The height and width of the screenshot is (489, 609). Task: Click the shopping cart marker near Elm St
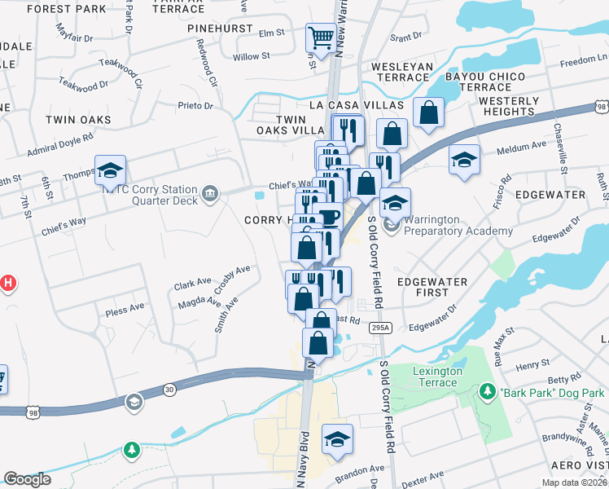pos(321,38)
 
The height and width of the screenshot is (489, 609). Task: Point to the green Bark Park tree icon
pos(488,392)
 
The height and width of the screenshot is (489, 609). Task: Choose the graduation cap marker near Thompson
pos(110,170)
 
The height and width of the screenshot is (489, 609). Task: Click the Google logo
pos(27,479)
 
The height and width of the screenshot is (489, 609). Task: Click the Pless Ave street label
pos(125,310)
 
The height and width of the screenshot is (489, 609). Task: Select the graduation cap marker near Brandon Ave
pos(337,440)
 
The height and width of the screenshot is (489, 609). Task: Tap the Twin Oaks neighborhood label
pos(78,120)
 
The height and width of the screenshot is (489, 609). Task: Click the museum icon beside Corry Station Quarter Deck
pos(210,193)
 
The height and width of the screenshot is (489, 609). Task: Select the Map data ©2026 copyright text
pos(573,482)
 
